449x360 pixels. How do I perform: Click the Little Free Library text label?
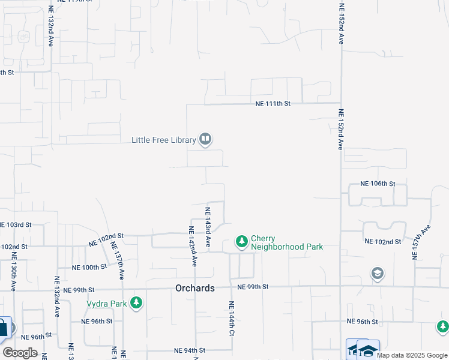[x=164, y=140]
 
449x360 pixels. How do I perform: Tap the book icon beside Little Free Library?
[x=205, y=140]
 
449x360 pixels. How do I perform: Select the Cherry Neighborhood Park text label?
[x=287, y=242]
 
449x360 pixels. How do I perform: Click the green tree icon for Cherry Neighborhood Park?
[x=241, y=242]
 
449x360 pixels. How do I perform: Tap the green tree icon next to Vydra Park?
[x=137, y=303]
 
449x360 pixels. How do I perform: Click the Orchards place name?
[x=195, y=288]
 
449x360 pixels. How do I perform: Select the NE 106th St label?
[x=378, y=184]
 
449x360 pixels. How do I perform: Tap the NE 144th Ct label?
[x=231, y=317]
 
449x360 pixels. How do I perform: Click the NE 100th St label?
[x=89, y=267]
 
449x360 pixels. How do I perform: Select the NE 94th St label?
[x=190, y=350]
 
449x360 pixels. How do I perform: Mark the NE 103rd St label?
[x=15, y=224]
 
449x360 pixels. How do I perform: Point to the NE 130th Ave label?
[x=12, y=272]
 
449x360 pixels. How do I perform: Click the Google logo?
[x=20, y=352]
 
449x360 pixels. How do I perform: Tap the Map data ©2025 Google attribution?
[x=411, y=355]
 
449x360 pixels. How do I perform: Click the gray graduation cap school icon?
[x=377, y=274]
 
